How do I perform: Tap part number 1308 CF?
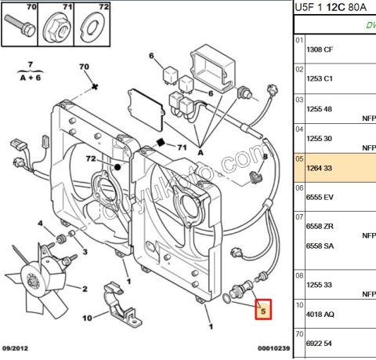coord(320,49)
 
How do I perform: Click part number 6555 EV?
coord(320,198)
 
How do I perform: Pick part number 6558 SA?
coord(320,245)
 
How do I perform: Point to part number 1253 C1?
coord(320,79)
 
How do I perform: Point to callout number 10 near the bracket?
coord(87,318)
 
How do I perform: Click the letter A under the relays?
coord(201,152)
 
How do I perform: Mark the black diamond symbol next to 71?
coord(160,143)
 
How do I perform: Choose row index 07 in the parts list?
coord(298,216)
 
